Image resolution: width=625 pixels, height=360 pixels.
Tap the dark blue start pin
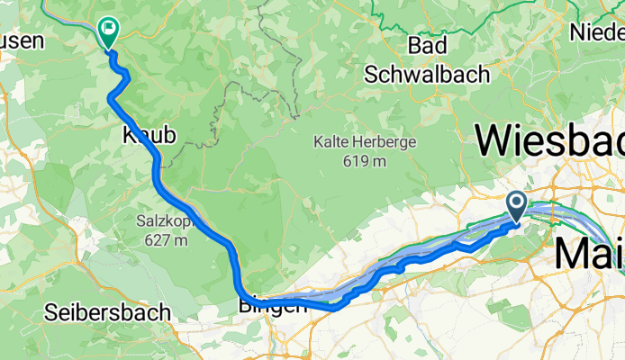(x=518, y=205)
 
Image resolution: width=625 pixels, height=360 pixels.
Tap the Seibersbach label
(x=107, y=313)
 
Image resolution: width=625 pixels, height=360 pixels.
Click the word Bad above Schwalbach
(x=428, y=46)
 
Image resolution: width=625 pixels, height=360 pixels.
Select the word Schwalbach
(x=428, y=74)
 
